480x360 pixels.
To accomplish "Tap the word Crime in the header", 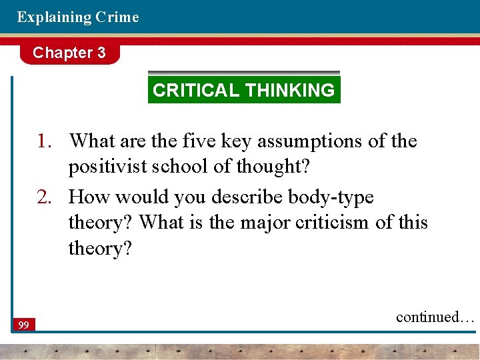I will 117,17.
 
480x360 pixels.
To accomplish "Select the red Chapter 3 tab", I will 69,53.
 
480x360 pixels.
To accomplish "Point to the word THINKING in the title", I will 290,91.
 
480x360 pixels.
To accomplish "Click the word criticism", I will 334,223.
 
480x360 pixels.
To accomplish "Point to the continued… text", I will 435,317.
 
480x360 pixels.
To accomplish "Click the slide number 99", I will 24,325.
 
